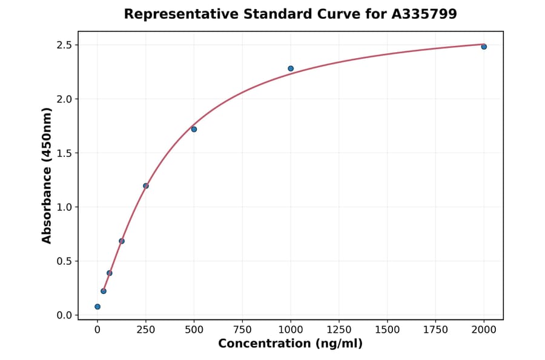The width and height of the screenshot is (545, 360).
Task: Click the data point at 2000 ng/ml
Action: click(x=484, y=47)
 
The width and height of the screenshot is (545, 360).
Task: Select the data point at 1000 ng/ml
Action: click(x=291, y=68)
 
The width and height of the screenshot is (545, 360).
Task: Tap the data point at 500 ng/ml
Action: click(x=194, y=129)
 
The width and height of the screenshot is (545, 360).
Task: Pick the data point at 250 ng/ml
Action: click(x=146, y=186)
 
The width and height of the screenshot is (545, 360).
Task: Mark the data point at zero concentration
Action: click(x=97, y=307)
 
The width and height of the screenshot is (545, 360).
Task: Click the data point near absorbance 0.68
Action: click(x=122, y=241)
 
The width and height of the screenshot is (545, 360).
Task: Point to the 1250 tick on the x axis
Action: click(x=339, y=329)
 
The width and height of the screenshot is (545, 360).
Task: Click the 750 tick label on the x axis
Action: click(x=242, y=329)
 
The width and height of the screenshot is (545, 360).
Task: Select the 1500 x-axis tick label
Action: click(x=388, y=329)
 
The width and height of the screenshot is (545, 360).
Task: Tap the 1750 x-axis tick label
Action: click(x=436, y=329)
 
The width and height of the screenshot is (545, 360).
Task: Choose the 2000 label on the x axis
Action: click(x=484, y=329)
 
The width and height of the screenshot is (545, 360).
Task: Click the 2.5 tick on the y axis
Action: click(x=65, y=45)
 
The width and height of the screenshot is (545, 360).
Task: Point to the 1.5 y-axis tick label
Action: click(x=65, y=153)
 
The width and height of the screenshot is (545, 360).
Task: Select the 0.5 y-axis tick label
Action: click(x=65, y=261)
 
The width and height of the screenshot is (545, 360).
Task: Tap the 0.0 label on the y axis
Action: click(x=65, y=315)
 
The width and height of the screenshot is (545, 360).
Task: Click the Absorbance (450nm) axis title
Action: click(x=47, y=175)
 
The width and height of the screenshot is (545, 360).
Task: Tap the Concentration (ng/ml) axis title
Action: click(x=290, y=344)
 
